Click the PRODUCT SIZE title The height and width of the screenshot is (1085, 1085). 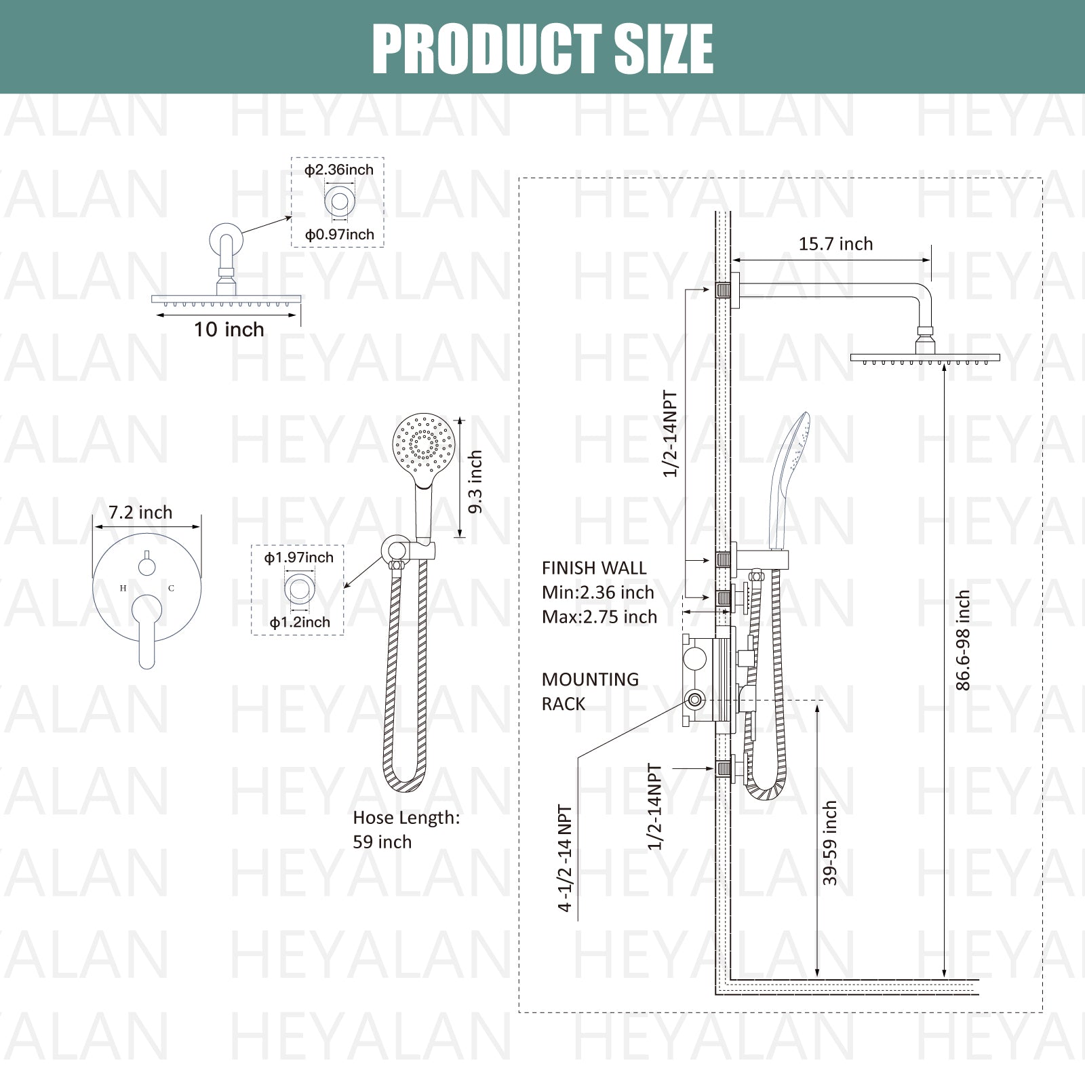point(542,48)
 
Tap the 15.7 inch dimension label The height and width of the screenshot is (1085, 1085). point(835,244)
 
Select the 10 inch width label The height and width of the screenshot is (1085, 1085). point(229,330)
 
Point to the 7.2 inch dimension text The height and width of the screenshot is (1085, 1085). point(140,513)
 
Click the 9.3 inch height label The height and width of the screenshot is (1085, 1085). point(475,481)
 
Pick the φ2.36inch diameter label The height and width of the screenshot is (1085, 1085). point(338,170)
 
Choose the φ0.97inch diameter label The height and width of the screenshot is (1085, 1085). point(339,235)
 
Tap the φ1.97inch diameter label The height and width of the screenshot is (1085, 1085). point(298,557)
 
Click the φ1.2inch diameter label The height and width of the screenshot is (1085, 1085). point(299,623)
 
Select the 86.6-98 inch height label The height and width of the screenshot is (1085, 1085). point(963,640)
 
